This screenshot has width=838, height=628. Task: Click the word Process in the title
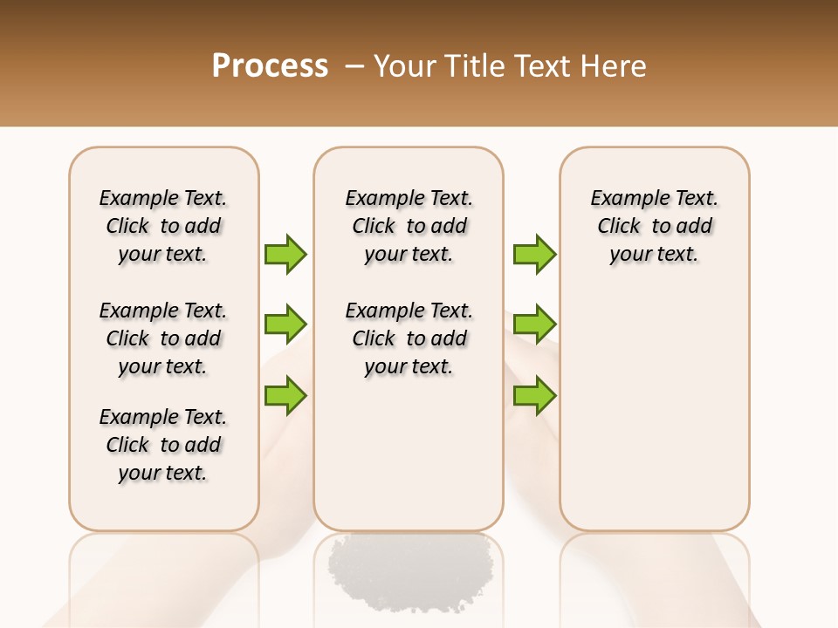(x=270, y=66)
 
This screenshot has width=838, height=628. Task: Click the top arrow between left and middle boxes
(x=285, y=254)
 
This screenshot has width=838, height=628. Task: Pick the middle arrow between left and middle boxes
(x=285, y=324)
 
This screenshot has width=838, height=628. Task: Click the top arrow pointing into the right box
(x=534, y=254)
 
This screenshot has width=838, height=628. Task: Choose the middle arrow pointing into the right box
(x=534, y=324)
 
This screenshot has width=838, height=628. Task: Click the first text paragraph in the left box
(x=163, y=226)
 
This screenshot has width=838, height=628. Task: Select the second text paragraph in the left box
(x=163, y=338)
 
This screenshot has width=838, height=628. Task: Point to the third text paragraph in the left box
(x=163, y=445)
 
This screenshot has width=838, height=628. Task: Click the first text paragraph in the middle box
(x=409, y=226)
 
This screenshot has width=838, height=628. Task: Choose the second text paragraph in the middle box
(x=409, y=338)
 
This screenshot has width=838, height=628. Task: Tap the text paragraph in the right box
(x=654, y=226)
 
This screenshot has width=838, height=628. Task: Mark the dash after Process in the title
(x=354, y=66)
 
